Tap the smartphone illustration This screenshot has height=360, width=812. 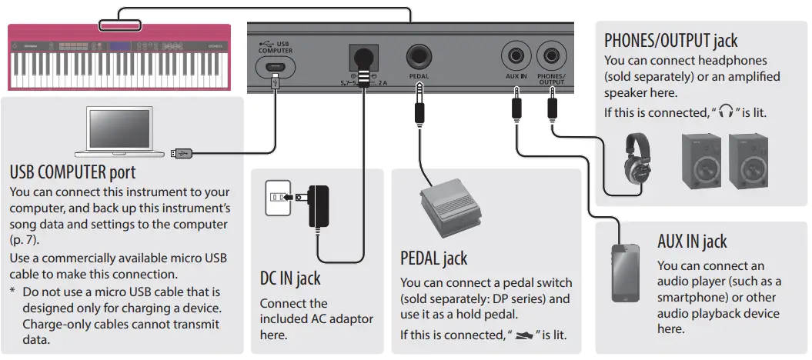(x=626, y=273)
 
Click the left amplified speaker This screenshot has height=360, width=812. (x=702, y=160)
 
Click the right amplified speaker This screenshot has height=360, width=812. (x=749, y=160)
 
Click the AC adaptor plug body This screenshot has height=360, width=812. (x=318, y=206)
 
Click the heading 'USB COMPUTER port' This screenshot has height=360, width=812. (x=72, y=171)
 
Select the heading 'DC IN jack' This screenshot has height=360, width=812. (x=290, y=278)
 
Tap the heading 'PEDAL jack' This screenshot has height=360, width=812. (x=433, y=257)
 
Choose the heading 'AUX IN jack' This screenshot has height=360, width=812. (x=691, y=241)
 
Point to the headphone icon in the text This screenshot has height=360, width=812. (x=725, y=112)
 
